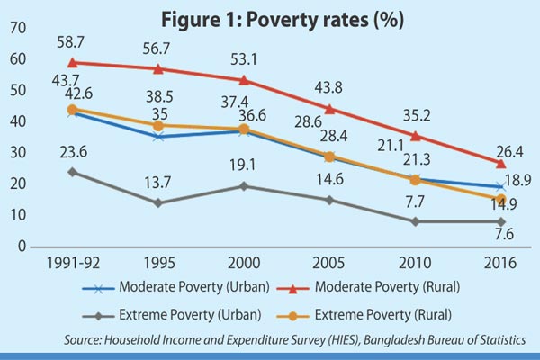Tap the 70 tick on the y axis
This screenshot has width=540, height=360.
[x=15, y=29]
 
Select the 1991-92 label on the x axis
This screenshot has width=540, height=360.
[x=71, y=265]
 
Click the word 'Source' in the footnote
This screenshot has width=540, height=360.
[x=84, y=340]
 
